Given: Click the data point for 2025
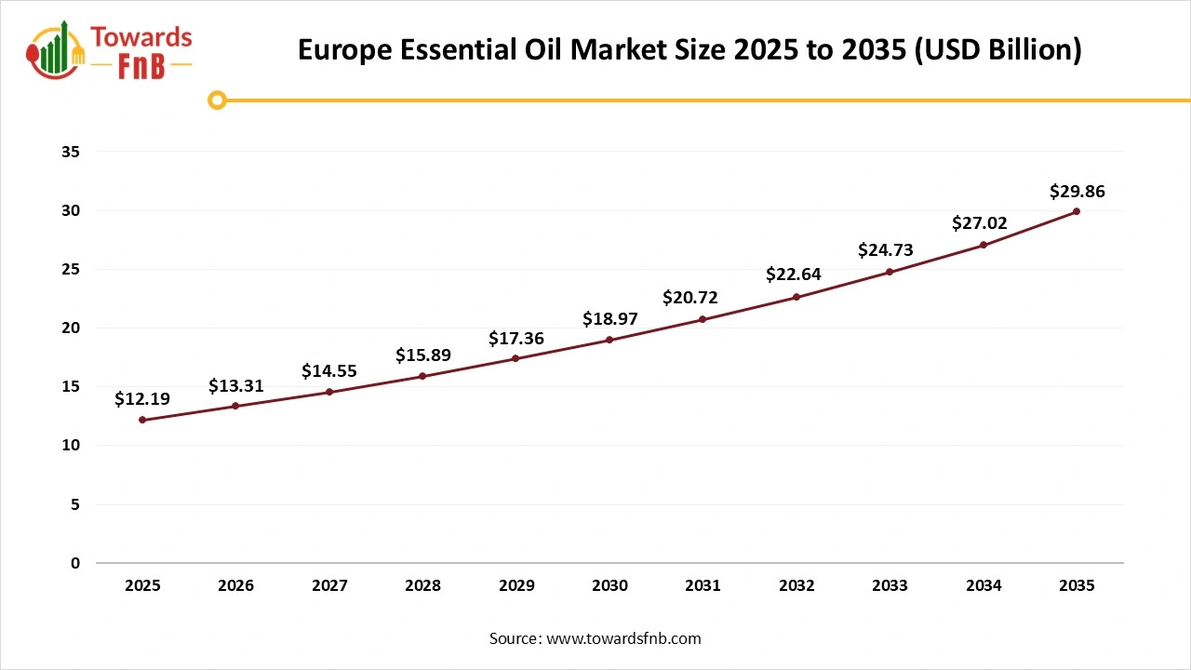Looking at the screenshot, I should pyautogui.click(x=142, y=420).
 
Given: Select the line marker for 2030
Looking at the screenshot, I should pyautogui.click(x=609, y=340).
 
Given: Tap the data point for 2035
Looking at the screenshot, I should pyautogui.click(x=1077, y=211).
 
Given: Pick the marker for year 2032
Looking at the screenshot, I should pyautogui.click(x=796, y=297).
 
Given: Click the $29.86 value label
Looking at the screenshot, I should pyautogui.click(x=1077, y=192).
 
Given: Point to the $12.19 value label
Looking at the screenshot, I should pyautogui.click(x=142, y=399).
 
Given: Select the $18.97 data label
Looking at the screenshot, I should pyautogui.click(x=609, y=319).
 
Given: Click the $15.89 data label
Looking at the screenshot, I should pyautogui.click(x=422, y=355).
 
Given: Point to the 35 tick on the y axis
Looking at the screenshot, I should pyautogui.click(x=71, y=152).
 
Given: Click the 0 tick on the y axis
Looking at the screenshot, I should pyautogui.click(x=75, y=563).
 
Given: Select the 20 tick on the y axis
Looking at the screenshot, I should pyautogui.click(x=71, y=328).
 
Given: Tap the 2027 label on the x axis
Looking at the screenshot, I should pyautogui.click(x=329, y=586).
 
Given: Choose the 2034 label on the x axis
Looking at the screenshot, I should pyautogui.click(x=984, y=586).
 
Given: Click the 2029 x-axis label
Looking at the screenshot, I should pyautogui.click(x=516, y=586).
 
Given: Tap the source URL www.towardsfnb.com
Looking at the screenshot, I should pyautogui.click(x=623, y=638).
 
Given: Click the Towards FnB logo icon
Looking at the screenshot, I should pyautogui.click(x=56, y=51).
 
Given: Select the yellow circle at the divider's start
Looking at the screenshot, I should pyautogui.click(x=217, y=100).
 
